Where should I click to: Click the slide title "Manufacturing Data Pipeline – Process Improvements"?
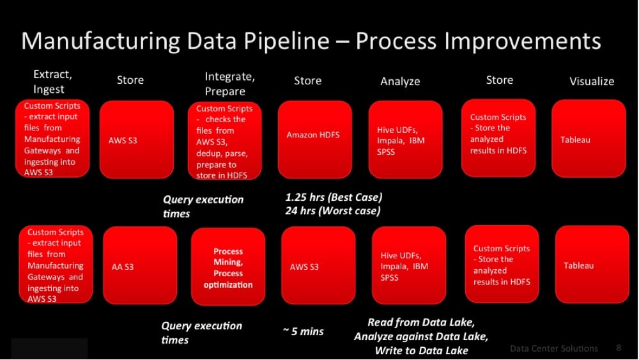tap(311, 41)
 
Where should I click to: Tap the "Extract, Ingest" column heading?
tap(52, 82)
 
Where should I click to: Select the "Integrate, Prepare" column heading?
tap(229, 84)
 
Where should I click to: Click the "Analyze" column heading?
tap(400, 81)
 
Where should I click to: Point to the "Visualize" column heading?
tap(592, 81)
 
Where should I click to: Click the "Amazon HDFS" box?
tap(314, 139)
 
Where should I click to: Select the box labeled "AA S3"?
tap(140, 265)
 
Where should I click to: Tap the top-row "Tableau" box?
tap(589, 139)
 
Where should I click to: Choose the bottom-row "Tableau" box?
tap(592, 264)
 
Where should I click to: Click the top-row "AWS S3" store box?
tap(137, 139)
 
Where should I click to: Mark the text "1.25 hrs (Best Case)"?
tap(334, 198)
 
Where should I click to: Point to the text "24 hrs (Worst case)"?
tap(333, 211)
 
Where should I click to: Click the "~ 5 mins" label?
tap(303, 331)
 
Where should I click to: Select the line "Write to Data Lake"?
tap(421, 350)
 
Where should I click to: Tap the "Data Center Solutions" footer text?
tap(554, 348)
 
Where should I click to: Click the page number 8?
tap(619, 347)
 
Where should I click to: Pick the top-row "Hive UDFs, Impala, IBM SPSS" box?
tap(406, 139)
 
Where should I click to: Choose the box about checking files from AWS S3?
tap(224, 141)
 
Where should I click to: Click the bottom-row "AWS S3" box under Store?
tap(318, 265)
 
